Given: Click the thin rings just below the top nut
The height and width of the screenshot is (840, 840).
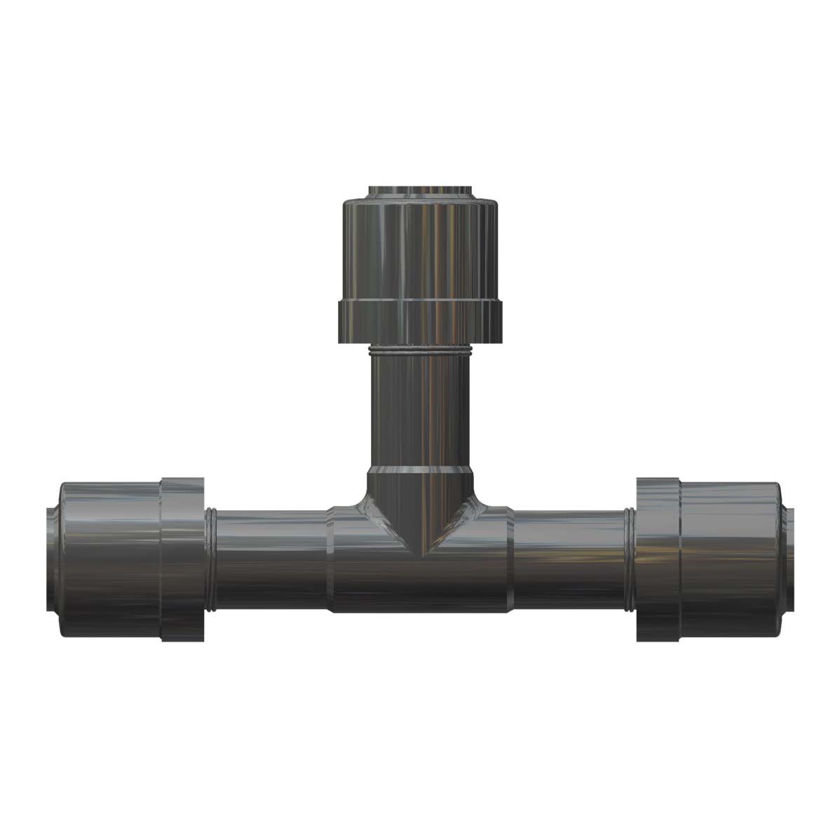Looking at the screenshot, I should [x=420, y=350].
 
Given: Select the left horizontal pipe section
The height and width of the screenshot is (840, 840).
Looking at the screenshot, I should [x=270, y=561].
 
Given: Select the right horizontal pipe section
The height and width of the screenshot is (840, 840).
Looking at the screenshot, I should [x=569, y=561].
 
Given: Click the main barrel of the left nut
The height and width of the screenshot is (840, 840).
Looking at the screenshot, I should [x=111, y=561].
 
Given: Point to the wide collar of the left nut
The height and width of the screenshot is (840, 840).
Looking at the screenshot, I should [x=182, y=561].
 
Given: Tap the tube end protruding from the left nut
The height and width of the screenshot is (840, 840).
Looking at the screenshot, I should [x=50, y=561].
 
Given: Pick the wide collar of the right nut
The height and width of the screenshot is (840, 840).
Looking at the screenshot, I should [x=658, y=561].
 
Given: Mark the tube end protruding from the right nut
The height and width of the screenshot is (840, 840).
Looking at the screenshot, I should [x=790, y=561].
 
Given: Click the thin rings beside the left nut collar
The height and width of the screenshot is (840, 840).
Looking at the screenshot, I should [x=209, y=561].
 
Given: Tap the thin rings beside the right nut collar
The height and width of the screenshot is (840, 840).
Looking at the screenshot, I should [x=630, y=561].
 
